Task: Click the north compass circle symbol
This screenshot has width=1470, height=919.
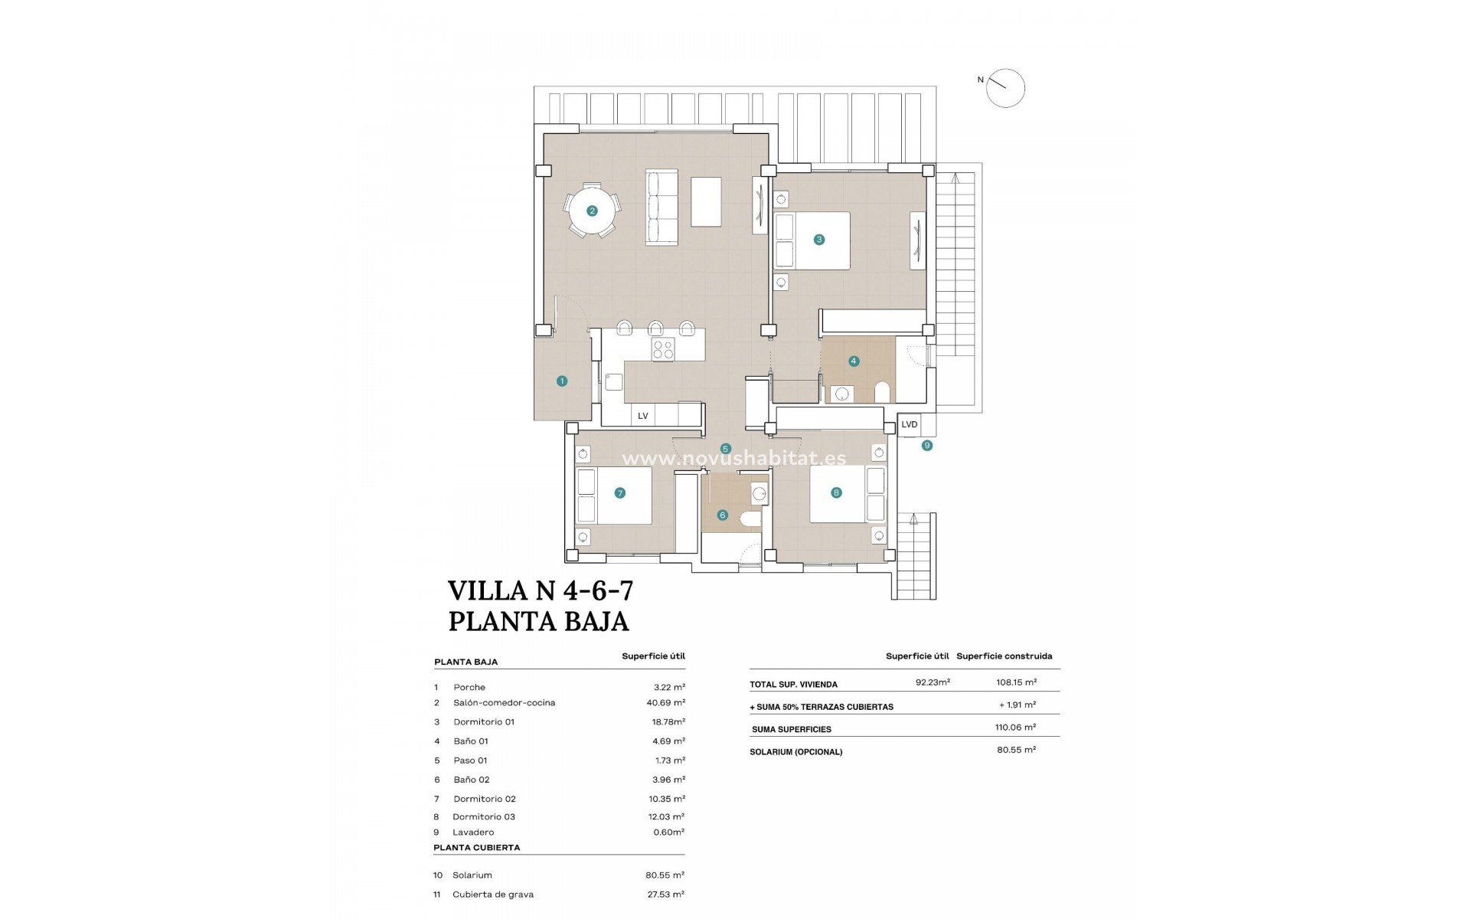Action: coord(1004,88)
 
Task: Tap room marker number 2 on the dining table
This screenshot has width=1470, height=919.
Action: coord(592,211)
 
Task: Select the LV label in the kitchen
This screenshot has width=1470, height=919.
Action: coord(643,416)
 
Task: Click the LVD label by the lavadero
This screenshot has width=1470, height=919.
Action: coord(909,424)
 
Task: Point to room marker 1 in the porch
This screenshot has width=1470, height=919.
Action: coord(562,381)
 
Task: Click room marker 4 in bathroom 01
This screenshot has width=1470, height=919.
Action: coord(854,361)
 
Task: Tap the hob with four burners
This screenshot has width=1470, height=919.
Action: coord(663,350)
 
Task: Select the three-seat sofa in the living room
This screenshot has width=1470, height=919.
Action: coord(663,208)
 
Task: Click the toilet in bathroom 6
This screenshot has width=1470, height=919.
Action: coord(750,521)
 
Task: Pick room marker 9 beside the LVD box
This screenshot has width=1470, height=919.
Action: coord(927,445)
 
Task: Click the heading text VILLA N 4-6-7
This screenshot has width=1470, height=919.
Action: coord(540,591)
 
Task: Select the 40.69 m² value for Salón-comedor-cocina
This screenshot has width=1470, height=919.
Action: coord(665,702)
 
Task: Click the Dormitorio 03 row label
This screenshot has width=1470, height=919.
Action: coord(484,816)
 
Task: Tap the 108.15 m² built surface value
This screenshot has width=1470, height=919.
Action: coord(1016,682)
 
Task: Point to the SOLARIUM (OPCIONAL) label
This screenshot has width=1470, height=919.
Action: coord(795,752)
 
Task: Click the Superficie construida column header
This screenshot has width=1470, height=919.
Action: coord(1004,656)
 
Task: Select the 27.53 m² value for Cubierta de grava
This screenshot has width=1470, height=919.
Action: coord(665,894)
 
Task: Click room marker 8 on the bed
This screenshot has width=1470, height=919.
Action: coord(836,492)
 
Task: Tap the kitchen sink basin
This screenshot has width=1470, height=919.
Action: coord(614,381)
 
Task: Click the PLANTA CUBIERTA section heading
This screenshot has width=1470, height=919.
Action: coord(476,848)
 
